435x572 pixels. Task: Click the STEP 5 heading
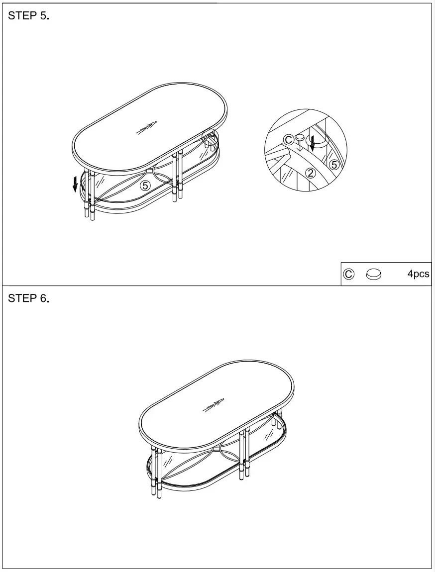(x=28, y=15)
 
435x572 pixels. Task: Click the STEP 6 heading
(x=28, y=298)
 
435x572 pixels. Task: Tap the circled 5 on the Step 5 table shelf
(x=145, y=186)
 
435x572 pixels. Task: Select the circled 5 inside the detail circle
(x=334, y=164)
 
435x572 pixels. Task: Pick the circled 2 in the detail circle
(x=310, y=173)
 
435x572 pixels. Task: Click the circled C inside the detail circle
(x=289, y=140)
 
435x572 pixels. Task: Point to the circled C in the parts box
(x=349, y=274)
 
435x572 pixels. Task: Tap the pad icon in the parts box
(x=374, y=274)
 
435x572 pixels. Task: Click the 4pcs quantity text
(x=418, y=274)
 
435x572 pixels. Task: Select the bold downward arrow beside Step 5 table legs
(x=75, y=183)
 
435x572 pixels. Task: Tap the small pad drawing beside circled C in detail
(x=300, y=137)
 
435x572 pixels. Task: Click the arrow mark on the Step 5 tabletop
(x=146, y=128)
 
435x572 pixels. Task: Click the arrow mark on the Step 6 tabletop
(x=213, y=405)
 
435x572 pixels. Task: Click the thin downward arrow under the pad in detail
(x=300, y=146)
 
